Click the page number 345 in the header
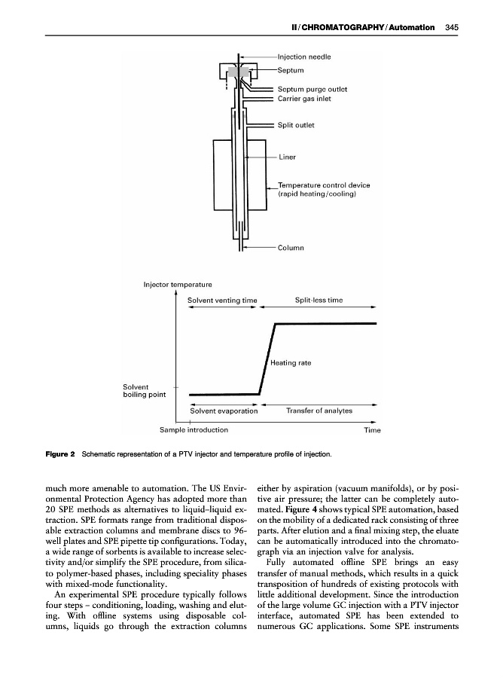[452, 28]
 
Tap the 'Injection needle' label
[304, 56]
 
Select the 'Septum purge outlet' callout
[312, 89]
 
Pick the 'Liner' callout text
[287, 157]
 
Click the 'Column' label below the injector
[290, 247]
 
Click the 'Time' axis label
[372, 430]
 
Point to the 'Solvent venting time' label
[222, 301]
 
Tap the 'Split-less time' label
[319, 301]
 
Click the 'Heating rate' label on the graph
[291, 363]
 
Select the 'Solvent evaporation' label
[224, 411]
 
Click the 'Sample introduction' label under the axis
[194, 430]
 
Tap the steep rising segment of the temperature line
[267, 359]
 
